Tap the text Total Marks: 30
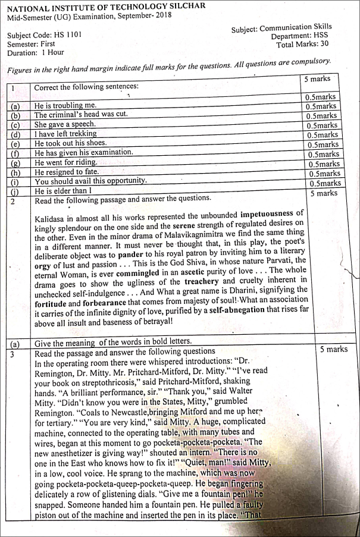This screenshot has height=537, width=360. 304,45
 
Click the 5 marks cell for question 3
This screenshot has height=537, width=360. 333,350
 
